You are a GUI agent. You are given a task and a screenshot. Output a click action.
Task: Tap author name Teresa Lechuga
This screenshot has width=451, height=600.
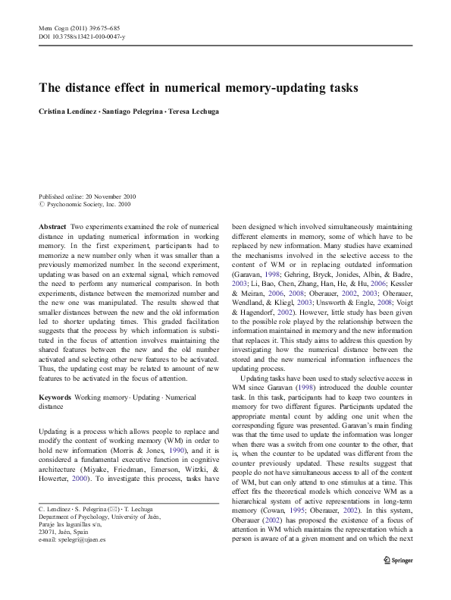point(193,111)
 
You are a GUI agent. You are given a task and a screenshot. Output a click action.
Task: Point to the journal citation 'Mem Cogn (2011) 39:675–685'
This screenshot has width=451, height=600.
point(79,27)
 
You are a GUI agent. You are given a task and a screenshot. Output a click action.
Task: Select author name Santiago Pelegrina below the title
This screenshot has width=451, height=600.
point(133,111)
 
